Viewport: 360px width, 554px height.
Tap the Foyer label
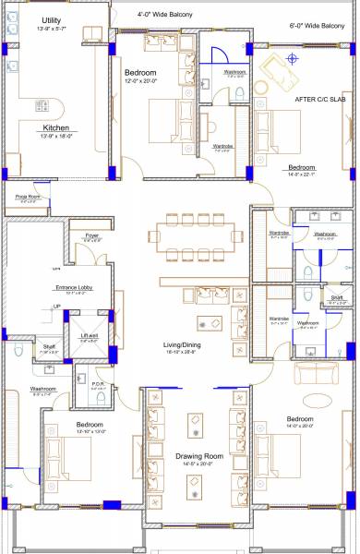[x=91, y=236]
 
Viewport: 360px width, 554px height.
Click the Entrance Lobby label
[x=73, y=287]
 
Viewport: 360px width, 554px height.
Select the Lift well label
[x=90, y=335]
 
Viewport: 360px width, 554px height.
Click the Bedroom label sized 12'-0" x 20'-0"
[x=141, y=71]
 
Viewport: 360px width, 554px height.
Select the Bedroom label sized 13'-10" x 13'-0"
[x=90, y=425]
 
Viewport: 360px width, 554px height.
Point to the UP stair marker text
[x=56, y=307]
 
